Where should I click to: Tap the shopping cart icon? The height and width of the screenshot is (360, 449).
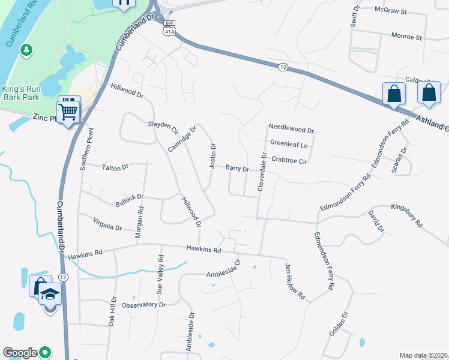pos(68,110)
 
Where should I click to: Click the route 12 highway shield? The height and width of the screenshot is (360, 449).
pos(282,68)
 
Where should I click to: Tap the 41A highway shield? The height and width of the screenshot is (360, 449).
pos(170,31)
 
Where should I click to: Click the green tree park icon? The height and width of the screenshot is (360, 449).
pos(26,50)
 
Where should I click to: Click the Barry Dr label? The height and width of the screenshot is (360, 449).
pos(237,169)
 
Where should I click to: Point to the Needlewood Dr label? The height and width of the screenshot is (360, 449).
pos(291,129)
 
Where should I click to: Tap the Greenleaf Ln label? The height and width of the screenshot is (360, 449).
pos(289,144)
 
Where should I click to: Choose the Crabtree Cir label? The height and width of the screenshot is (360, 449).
pos(289,161)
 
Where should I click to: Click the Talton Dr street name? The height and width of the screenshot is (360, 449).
pos(115,167)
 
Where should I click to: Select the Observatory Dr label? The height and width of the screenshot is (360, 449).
pos(143,305)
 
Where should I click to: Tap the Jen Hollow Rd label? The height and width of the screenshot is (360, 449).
pos(296,281)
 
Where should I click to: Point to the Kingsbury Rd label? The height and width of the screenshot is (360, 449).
pos(407,209)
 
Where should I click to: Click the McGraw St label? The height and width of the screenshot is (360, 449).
pos(390,11)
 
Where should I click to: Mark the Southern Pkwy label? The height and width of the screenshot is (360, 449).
pos(85,149)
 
